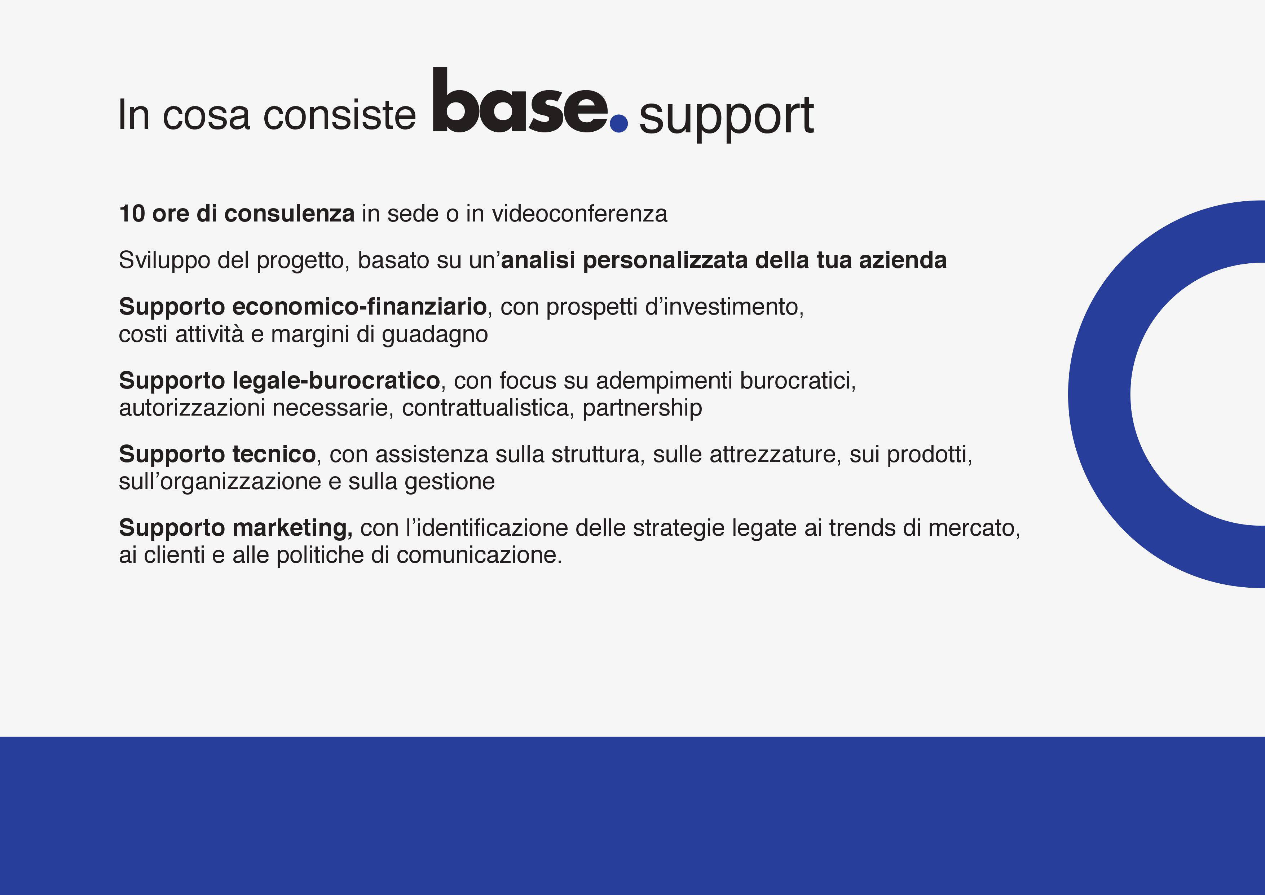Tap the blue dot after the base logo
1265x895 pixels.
coord(619,123)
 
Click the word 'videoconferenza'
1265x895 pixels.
coord(579,214)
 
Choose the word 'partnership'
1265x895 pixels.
coord(642,408)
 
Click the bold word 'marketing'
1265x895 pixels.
coord(292,528)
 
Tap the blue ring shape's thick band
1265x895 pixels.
coord(1099,394)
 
